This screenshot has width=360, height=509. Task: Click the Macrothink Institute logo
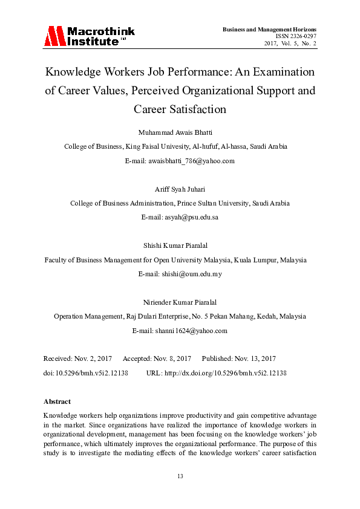(x=89, y=36)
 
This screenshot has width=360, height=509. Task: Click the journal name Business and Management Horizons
(x=269, y=29)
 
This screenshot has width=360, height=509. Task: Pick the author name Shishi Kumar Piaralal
(x=180, y=245)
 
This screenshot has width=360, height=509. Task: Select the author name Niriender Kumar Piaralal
(x=180, y=302)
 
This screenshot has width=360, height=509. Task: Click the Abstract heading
(x=57, y=401)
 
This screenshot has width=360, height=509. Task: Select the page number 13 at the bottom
(x=180, y=476)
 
